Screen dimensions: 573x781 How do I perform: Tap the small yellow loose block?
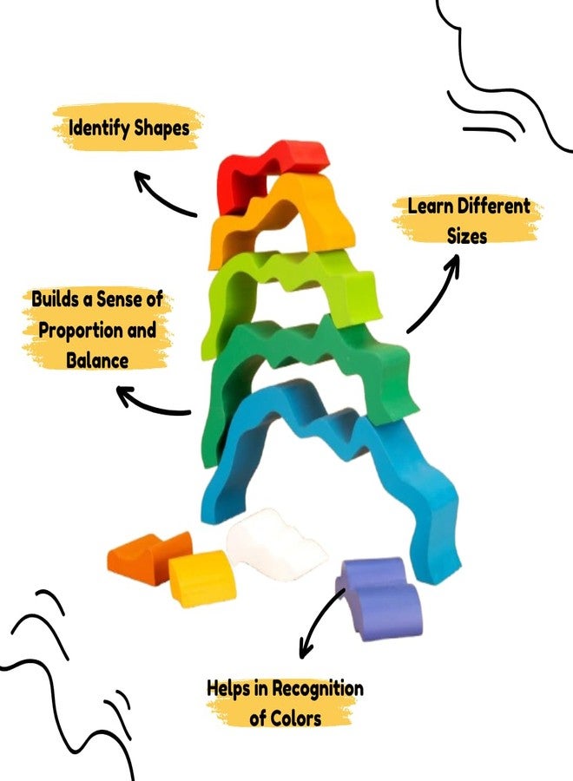(201, 578)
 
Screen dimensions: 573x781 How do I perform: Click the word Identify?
(99, 128)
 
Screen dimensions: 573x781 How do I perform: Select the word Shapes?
(162, 128)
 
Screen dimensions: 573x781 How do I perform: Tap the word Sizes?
(467, 235)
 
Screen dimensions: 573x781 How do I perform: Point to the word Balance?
(97, 360)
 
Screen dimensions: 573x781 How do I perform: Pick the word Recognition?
(318, 688)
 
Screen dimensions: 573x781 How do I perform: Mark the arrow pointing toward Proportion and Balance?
(149, 406)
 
